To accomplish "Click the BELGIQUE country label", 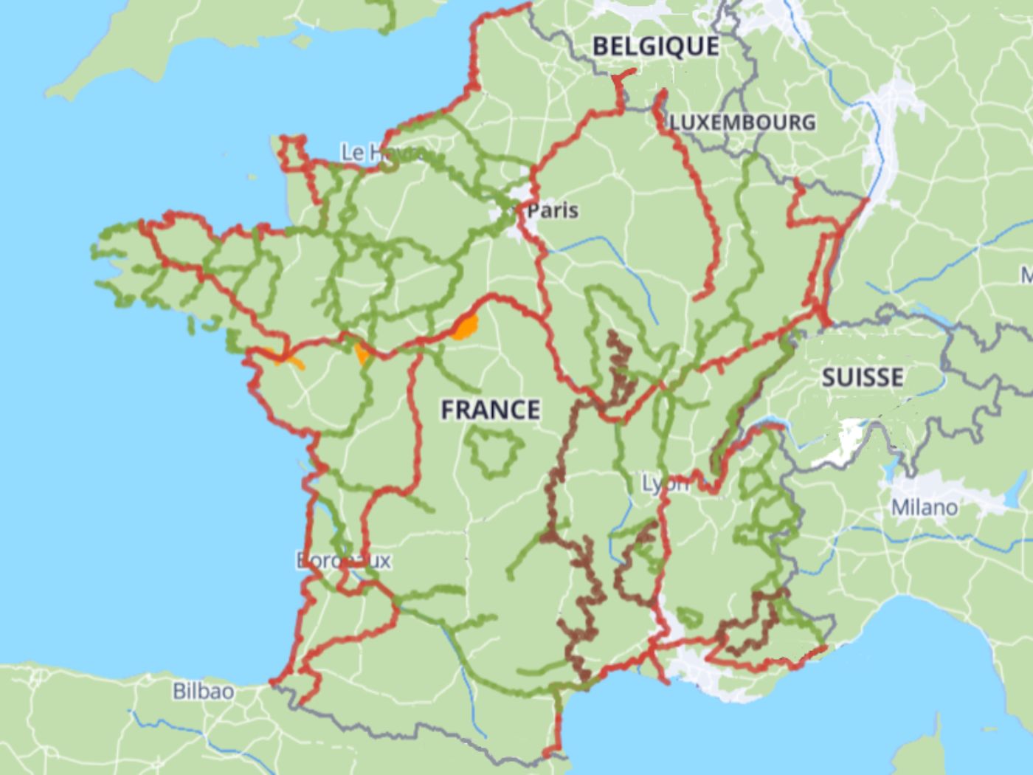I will tap(655, 46).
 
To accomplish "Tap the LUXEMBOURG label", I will tap(742, 122).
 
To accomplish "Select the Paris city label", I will tap(553, 210).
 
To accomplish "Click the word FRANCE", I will tap(490, 409).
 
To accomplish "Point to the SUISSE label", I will tap(862, 377).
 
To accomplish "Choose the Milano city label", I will tap(924, 507).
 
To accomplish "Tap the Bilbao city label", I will tap(203, 692).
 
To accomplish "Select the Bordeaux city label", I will tap(344, 560).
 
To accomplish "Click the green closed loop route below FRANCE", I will tap(493, 452).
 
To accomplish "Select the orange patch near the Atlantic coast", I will tap(289, 361).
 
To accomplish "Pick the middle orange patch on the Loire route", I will tap(362, 353).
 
